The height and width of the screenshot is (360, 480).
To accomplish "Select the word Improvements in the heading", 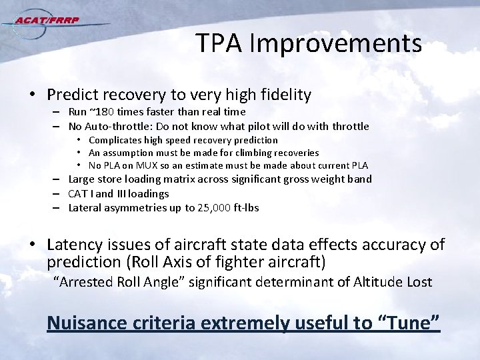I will pos(336,44).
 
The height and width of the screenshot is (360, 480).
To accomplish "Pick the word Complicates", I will pos(115,140).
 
